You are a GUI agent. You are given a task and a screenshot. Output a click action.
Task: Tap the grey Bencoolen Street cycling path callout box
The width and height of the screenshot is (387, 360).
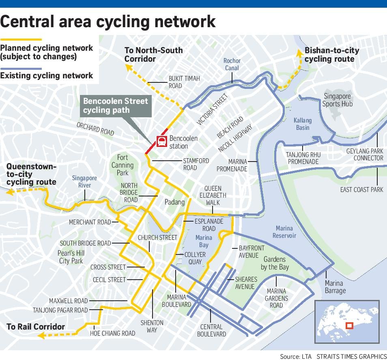[x=116, y=106]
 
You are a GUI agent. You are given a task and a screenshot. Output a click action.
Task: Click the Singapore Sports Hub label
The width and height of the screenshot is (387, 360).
[x=338, y=100]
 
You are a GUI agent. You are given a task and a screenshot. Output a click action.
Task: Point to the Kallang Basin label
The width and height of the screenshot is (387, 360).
[x=303, y=124]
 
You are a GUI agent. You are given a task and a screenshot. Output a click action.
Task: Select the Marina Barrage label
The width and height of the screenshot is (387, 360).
[x=335, y=287]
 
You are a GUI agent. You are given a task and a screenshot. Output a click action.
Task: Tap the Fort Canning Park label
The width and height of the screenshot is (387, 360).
[x=122, y=165]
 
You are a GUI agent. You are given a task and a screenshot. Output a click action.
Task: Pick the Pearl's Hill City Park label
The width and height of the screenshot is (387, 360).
[x=71, y=257]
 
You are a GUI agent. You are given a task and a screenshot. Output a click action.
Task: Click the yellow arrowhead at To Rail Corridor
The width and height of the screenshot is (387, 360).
[x=39, y=335]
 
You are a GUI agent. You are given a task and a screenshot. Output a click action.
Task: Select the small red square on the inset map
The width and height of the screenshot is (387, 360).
[x=348, y=326]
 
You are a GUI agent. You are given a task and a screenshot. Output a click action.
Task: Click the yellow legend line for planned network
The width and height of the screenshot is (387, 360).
[x=21, y=39]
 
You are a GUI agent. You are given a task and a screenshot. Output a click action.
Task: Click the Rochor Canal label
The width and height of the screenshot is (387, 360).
[x=232, y=64]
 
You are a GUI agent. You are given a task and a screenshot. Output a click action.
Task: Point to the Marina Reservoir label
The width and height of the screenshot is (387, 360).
[x=284, y=232]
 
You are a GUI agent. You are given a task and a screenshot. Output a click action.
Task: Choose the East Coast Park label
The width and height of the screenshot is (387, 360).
[x=361, y=190]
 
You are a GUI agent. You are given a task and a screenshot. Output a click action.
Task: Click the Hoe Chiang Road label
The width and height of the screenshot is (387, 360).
[x=112, y=333]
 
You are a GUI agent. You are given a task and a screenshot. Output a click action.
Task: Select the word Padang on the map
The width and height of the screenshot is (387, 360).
[x=174, y=202]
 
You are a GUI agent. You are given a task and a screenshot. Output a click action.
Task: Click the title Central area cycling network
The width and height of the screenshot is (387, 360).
[x=108, y=22]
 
